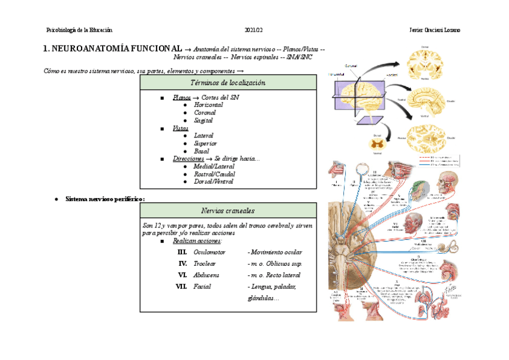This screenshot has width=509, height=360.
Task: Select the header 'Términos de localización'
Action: (x=227, y=83)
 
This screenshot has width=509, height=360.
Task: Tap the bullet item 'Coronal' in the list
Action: (x=206, y=112)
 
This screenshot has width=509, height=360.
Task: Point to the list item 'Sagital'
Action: (x=203, y=120)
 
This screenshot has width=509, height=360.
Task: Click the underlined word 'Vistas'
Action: (x=181, y=128)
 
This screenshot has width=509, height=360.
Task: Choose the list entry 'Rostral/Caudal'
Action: (x=214, y=174)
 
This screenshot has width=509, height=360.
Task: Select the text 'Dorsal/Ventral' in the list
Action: (x=214, y=182)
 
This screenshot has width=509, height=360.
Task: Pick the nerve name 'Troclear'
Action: (x=205, y=264)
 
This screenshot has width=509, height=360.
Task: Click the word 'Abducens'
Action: (x=206, y=275)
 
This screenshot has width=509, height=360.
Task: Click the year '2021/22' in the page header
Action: (x=254, y=31)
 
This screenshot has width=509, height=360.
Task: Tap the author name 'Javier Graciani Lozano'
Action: (x=435, y=31)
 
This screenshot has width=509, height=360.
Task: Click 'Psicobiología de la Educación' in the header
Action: (x=79, y=31)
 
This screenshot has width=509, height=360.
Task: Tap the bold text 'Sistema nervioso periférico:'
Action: (x=106, y=199)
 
